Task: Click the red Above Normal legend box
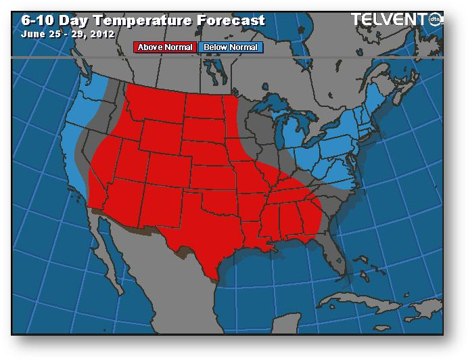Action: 165,47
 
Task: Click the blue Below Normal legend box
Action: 231,47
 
